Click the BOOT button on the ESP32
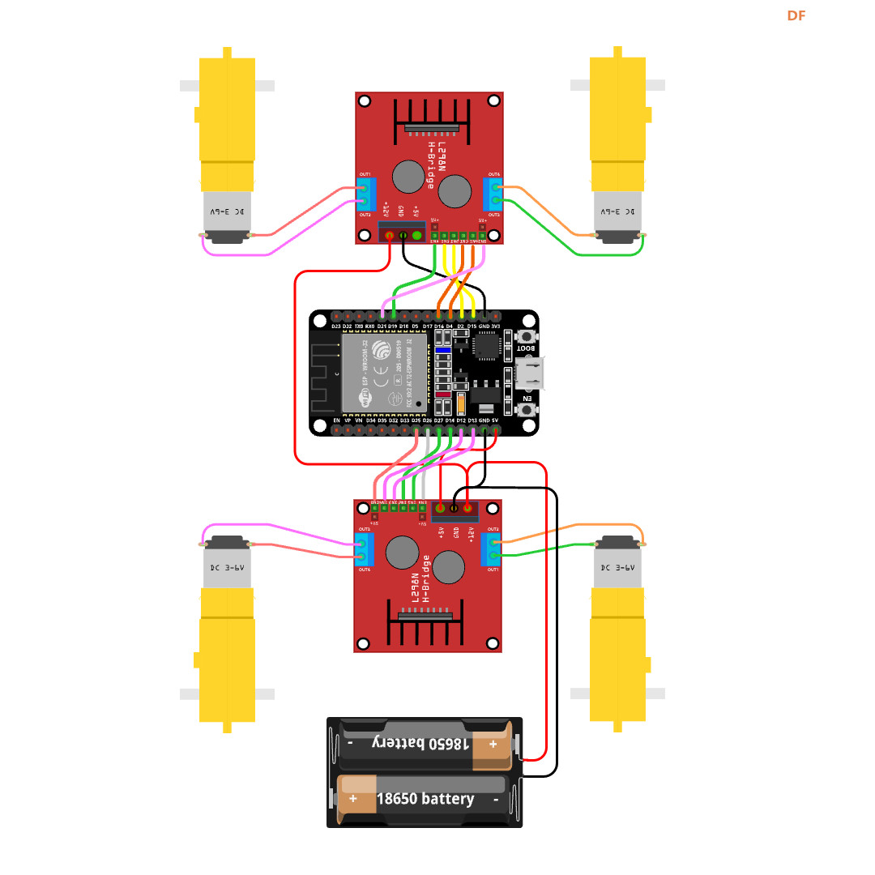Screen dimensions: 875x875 point(527,335)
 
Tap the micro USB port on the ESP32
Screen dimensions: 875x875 point(530,373)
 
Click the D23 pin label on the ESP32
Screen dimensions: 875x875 point(336,327)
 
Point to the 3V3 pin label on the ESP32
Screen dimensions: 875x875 point(495,327)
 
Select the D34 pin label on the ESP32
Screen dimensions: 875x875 point(370,421)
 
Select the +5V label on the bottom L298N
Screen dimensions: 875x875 point(441,532)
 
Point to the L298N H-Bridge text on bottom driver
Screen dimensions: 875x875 point(423,580)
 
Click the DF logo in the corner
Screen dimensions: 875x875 point(796,15)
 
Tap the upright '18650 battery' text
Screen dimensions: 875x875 point(425,799)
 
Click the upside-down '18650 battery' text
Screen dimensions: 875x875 point(420,743)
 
